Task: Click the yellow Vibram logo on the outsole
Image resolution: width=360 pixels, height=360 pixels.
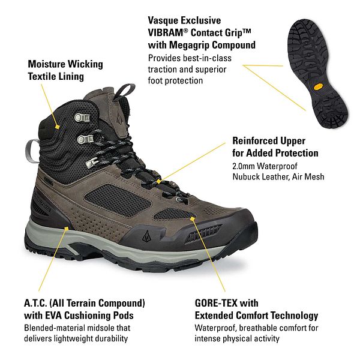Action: [318, 87]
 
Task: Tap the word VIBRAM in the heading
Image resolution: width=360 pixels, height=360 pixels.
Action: [166, 32]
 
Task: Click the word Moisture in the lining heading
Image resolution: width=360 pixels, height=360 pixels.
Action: [46, 64]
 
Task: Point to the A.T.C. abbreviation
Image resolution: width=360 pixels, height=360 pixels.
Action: [35, 303]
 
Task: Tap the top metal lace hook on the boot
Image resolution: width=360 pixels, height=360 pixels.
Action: [82, 118]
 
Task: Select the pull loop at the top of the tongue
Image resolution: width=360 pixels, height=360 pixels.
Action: [124, 91]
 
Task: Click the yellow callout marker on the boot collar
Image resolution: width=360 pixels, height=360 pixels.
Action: [58, 127]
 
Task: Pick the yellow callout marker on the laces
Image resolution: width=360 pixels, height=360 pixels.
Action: [158, 182]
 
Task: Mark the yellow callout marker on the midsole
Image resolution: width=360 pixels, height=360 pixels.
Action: [67, 228]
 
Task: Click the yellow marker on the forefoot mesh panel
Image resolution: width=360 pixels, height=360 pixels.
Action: [193, 219]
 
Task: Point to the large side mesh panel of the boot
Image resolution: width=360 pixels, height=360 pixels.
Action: [118, 200]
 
